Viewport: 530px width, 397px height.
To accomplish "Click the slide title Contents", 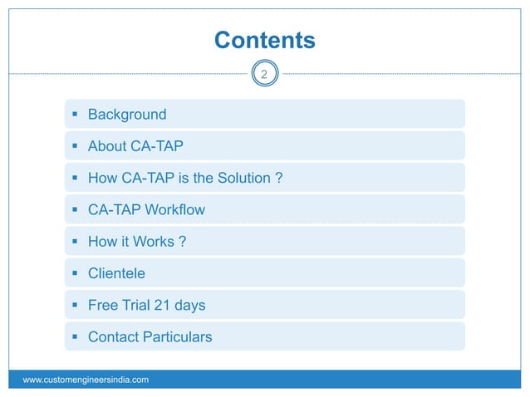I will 264,40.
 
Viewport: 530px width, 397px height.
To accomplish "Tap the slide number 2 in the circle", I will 264,76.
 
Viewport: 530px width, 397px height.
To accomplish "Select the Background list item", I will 127,115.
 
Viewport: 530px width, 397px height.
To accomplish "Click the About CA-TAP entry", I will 135,146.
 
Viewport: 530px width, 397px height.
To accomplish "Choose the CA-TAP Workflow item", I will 146,209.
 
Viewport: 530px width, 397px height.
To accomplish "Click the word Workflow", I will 174,209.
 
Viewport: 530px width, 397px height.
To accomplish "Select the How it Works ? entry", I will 136,241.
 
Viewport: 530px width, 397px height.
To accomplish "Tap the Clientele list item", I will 116,272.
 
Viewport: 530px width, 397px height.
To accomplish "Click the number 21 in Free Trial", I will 163,305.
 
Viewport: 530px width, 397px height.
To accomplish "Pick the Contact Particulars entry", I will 150,336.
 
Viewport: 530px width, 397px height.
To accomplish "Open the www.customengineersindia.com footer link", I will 86,380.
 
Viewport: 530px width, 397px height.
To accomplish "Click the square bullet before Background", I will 76,115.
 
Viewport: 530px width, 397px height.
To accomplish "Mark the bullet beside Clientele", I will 76,273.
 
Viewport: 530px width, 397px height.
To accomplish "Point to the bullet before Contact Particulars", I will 76,336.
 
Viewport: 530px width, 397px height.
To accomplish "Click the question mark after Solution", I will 279,178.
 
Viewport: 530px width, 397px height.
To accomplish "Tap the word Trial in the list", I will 133,305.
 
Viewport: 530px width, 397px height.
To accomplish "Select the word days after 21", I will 190,305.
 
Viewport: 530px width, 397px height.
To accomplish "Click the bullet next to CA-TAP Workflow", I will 76,210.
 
